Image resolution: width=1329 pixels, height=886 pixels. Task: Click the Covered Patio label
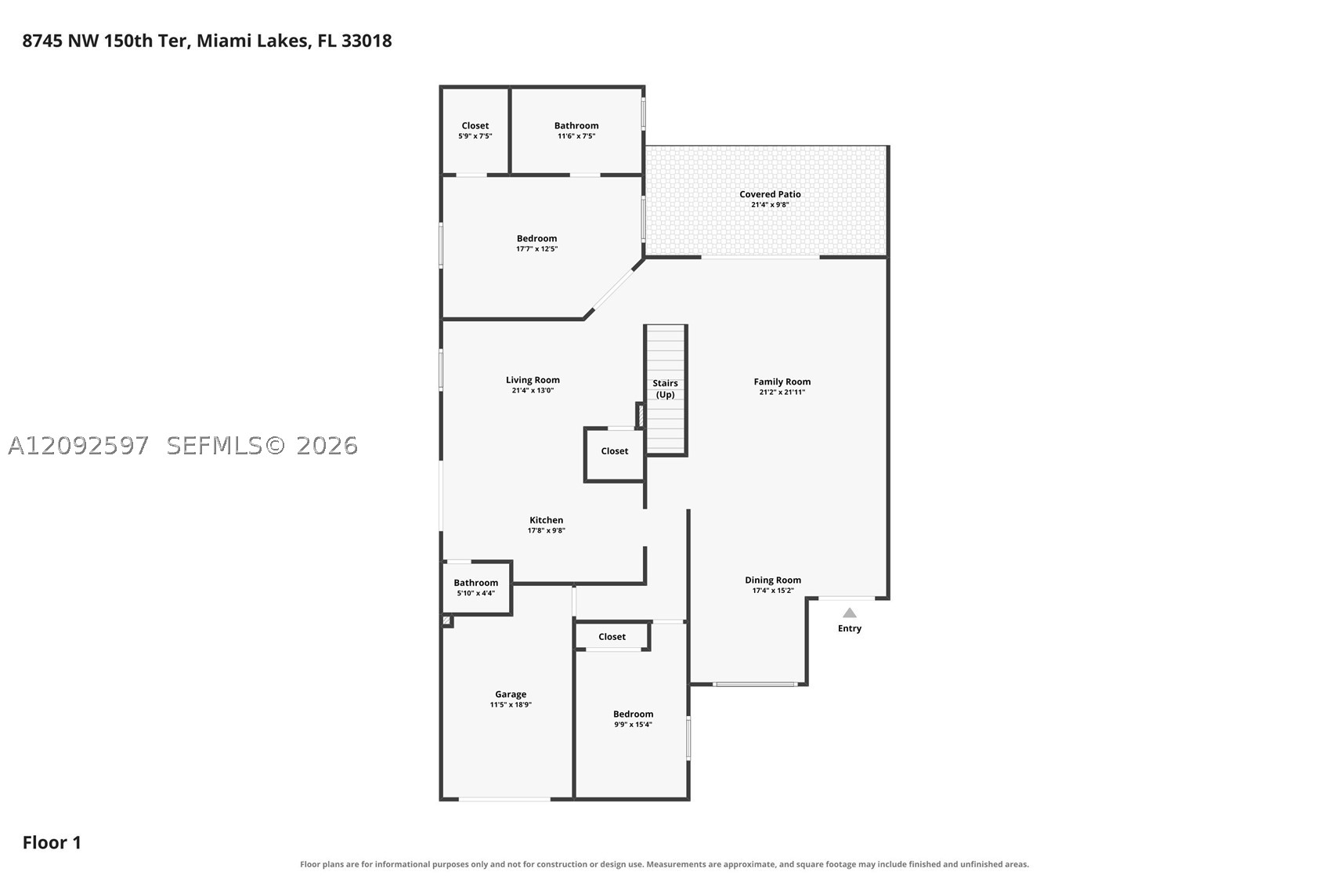click(x=770, y=194)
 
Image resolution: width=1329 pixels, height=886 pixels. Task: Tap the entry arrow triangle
click(x=849, y=613)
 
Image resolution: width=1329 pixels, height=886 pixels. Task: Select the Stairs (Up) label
click(x=665, y=389)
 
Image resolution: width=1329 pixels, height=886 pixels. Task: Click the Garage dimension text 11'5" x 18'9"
click(x=511, y=704)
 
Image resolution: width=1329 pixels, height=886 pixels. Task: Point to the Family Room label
click(x=782, y=382)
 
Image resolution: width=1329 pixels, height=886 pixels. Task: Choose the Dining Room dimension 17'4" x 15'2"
click(x=772, y=591)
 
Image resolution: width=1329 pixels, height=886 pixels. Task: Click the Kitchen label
click(x=546, y=520)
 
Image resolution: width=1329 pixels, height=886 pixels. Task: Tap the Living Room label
click(x=533, y=380)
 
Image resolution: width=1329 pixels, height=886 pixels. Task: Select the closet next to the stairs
click(x=614, y=454)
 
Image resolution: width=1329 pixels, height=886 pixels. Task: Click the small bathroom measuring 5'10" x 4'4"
click(x=476, y=588)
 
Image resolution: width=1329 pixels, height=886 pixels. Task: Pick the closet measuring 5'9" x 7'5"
click(x=475, y=131)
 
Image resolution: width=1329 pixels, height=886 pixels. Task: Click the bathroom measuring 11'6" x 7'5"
click(x=576, y=131)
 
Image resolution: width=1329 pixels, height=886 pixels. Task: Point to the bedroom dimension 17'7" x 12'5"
click(x=536, y=248)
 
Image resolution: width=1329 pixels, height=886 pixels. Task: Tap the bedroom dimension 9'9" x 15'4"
click(x=633, y=725)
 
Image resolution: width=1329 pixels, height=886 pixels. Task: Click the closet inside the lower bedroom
click(x=612, y=636)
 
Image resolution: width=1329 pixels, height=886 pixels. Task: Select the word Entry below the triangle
click(x=849, y=628)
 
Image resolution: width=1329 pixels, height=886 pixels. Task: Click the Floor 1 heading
click(x=52, y=843)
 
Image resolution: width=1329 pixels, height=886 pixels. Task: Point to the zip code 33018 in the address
click(x=366, y=41)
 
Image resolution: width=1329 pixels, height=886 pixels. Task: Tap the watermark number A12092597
click(x=78, y=446)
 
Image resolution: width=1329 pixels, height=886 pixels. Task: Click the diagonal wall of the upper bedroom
click(x=614, y=289)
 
